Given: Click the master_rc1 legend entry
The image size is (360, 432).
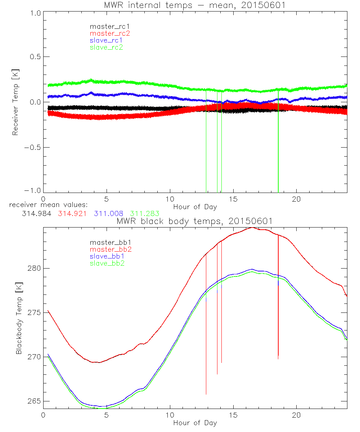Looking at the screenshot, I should [x=106, y=26].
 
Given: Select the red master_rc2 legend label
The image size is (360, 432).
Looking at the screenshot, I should [x=110, y=33].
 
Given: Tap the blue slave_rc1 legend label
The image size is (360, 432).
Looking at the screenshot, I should [x=106, y=40].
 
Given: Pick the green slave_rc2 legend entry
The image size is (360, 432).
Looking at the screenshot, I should [x=106, y=47].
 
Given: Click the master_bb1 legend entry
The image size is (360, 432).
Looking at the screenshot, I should [x=108, y=242].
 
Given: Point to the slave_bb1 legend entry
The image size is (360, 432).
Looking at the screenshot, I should [x=108, y=256].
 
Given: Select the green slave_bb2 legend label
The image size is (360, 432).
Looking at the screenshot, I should [x=108, y=263].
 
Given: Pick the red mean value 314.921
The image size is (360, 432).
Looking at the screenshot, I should [x=73, y=213].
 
